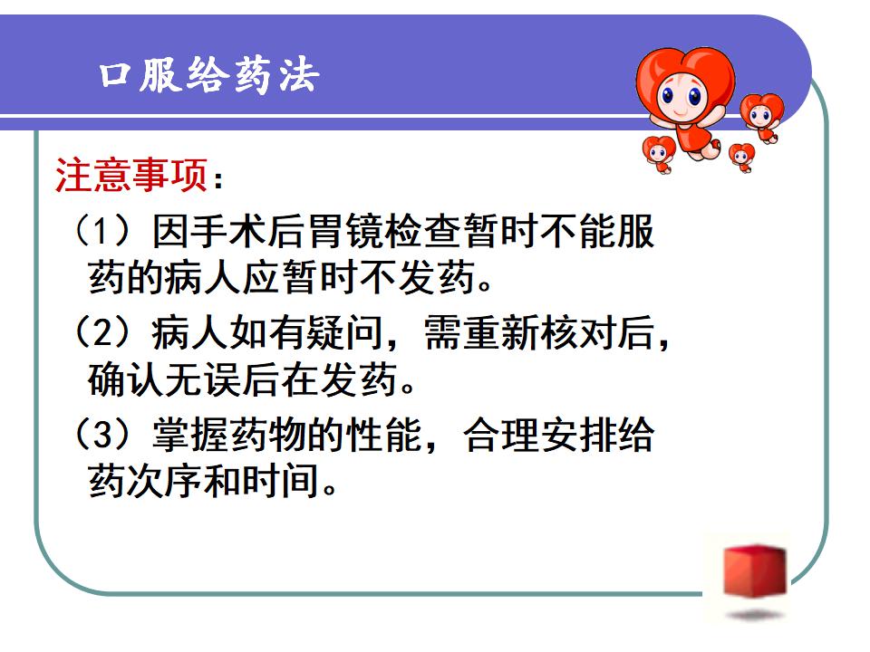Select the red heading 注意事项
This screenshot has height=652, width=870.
[131, 175]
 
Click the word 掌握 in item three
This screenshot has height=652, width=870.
[191, 435]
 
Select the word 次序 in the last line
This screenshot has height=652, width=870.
[165, 481]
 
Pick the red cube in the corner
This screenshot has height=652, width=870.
[755, 570]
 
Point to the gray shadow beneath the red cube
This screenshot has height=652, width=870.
[755, 615]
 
